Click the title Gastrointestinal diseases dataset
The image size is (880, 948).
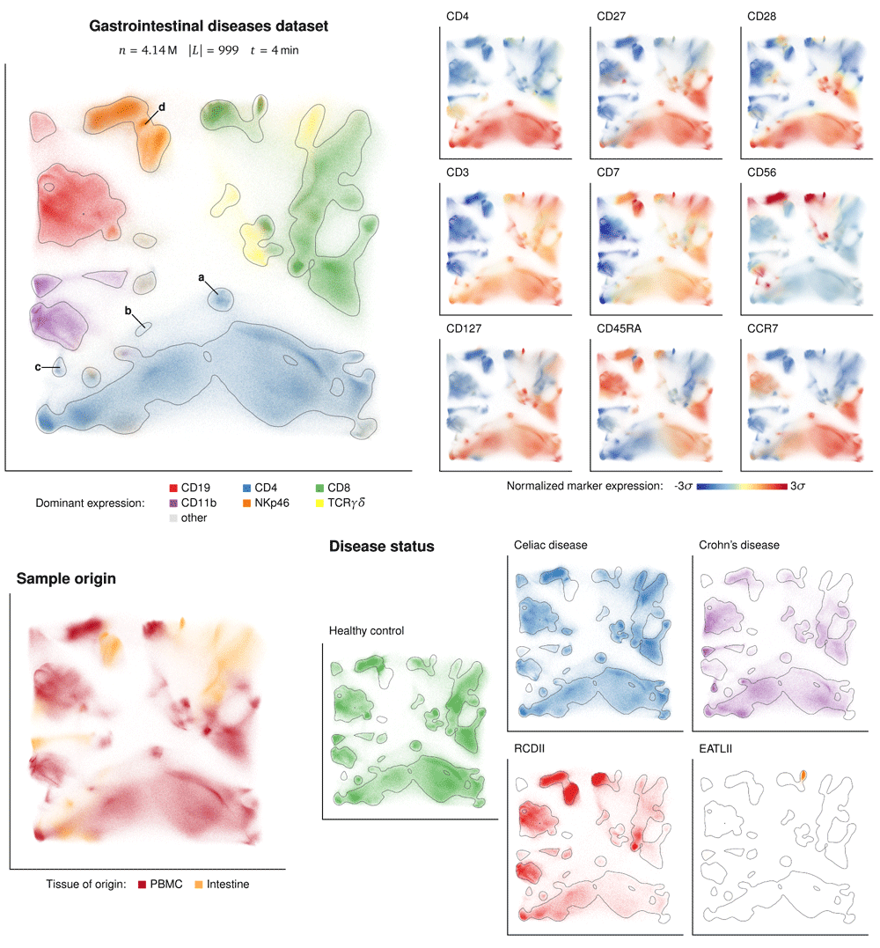[209, 26]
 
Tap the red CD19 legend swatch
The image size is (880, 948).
[173, 487]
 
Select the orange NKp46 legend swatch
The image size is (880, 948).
[247, 503]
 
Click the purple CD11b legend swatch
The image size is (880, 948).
[173, 503]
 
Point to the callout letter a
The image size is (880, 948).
[202, 278]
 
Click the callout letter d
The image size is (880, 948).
[161, 108]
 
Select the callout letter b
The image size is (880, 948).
[128, 312]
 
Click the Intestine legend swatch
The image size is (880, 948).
[199, 884]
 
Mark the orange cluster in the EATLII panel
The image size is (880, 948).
[804, 775]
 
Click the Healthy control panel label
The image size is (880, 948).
[368, 631]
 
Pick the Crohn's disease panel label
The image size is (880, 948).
[737, 545]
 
